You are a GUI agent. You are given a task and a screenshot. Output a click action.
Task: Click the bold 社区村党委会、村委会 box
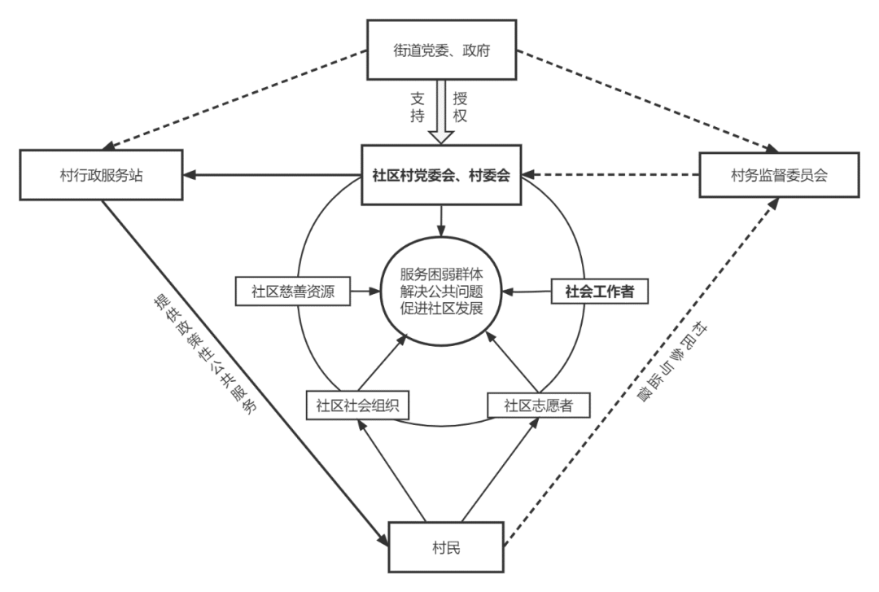click(440, 174)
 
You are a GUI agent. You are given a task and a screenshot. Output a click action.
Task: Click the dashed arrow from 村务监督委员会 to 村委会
click(610, 174)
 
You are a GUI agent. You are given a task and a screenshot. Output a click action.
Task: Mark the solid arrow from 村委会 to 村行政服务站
click(269, 174)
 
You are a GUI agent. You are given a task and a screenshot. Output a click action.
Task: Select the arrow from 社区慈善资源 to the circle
click(366, 289)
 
